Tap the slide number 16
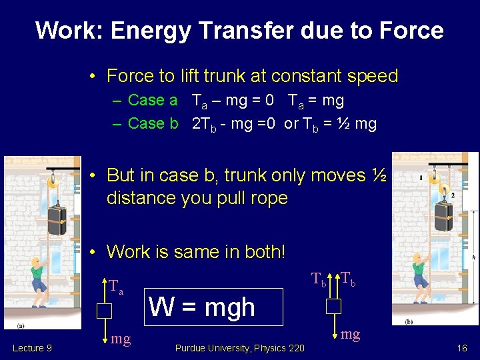461,348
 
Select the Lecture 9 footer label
32,348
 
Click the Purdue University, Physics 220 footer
239,348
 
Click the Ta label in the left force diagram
116,287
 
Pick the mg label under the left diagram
121,339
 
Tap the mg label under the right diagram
350,334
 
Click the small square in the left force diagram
103,311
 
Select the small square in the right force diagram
333,306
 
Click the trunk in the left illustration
57,220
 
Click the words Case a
153,101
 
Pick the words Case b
153,124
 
